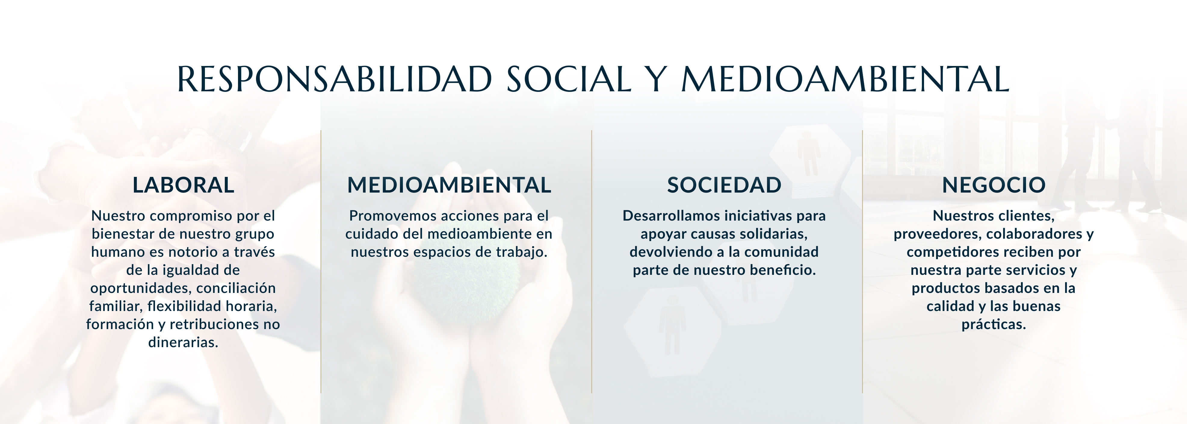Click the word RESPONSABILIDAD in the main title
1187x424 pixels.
(335, 79)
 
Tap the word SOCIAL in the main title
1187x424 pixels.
(569, 79)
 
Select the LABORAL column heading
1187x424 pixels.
(184, 185)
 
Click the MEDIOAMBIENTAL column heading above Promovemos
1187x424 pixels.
(449, 185)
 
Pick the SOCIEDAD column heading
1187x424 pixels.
(724, 185)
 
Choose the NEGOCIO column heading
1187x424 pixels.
(994, 185)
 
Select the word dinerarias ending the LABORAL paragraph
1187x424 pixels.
(183, 342)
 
